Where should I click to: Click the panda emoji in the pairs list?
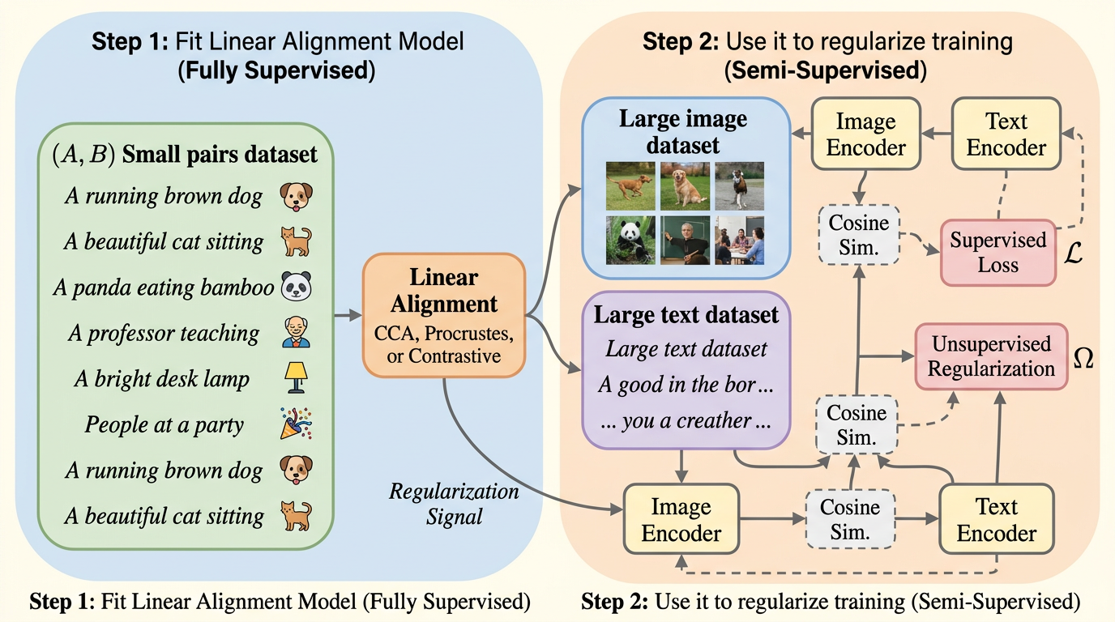coord(296,288)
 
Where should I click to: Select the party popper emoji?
coord(293,424)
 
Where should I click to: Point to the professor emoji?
coord(296,333)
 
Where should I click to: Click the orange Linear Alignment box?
coord(444,316)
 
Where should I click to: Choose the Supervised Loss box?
coord(998,252)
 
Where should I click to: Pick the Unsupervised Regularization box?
coord(991,356)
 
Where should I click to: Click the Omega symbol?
coord(1083,359)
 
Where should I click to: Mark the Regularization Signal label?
coord(454,503)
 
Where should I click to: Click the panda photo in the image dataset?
coord(630,239)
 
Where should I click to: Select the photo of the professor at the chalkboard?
coord(685,239)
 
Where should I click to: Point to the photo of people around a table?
coord(738,239)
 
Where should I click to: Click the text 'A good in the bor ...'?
coord(686,385)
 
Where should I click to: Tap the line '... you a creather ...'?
coord(686,420)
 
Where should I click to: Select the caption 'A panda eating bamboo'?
coord(163,288)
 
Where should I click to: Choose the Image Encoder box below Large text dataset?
coord(681,520)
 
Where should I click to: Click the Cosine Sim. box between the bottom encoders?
coord(849,520)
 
